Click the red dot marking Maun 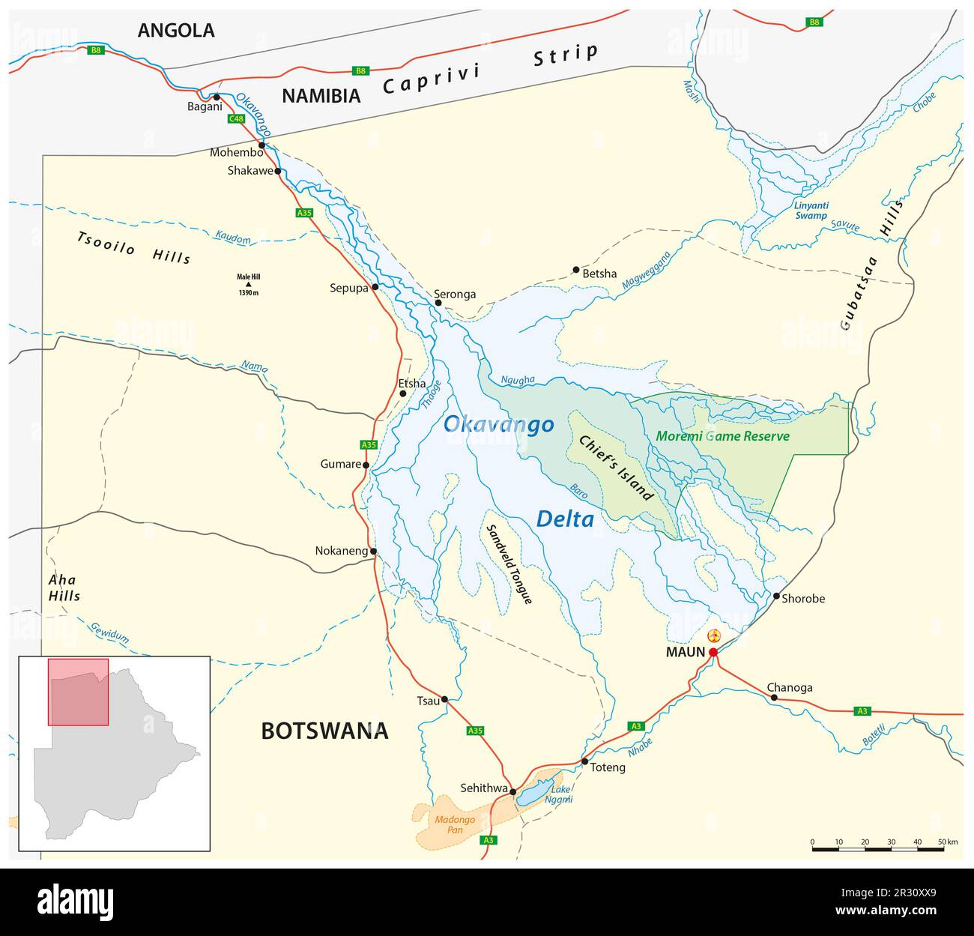[713, 652]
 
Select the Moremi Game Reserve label [722, 435]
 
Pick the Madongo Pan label [455, 824]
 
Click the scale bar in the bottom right [877, 849]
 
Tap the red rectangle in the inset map [78, 692]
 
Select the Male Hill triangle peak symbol [248, 284]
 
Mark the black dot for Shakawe [278, 171]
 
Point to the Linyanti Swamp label [811, 210]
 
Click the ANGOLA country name [176, 30]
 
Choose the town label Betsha [599, 274]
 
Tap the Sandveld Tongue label [509, 564]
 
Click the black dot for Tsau [444, 699]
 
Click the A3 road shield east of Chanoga [862, 710]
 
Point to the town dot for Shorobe [775, 597]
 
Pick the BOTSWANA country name [324, 731]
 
